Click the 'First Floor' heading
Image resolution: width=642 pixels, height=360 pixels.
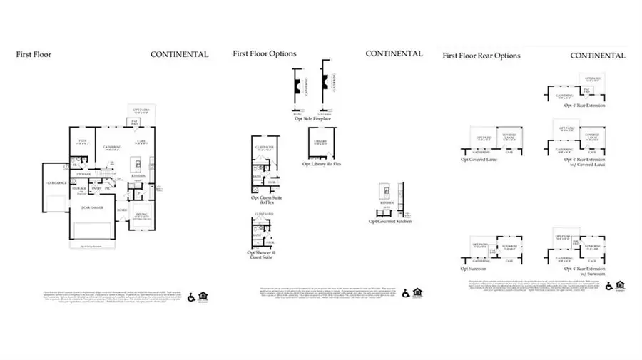(34, 54)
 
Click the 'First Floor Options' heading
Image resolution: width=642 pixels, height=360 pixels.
(265, 53)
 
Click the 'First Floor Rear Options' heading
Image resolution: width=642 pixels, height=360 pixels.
(481, 56)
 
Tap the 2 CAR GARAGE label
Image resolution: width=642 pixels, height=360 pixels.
(92, 207)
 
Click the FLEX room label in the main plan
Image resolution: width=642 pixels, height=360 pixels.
(83, 141)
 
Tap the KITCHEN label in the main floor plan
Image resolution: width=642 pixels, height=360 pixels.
(138, 176)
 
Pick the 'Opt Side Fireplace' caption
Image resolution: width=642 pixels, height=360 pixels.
(312, 118)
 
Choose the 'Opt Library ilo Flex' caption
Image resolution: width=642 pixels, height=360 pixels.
(322, 164)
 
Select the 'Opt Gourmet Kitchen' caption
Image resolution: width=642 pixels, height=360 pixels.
(390, 222)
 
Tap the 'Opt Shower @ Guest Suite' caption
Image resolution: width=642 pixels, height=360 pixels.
(260, 254)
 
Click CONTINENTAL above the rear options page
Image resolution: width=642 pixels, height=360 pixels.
(598, 56)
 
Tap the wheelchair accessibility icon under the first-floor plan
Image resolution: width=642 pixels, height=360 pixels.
(191, 298)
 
